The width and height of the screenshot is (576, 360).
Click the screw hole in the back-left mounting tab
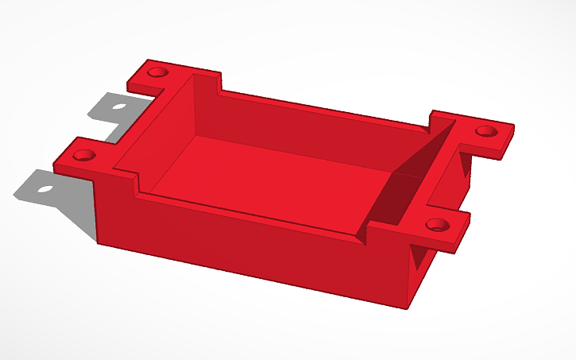click(x=157, y=72)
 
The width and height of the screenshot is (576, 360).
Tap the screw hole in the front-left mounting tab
click(x=86, y=154)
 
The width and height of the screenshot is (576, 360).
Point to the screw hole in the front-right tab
click(x=435, y=225)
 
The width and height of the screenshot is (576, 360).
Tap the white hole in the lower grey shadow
click(x=45, y=189)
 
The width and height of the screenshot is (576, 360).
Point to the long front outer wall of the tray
click(x=254, y=246)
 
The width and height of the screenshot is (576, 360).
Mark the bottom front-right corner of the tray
click(x=408, y=307)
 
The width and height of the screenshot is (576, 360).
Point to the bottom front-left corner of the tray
click(x=98, y=242)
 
